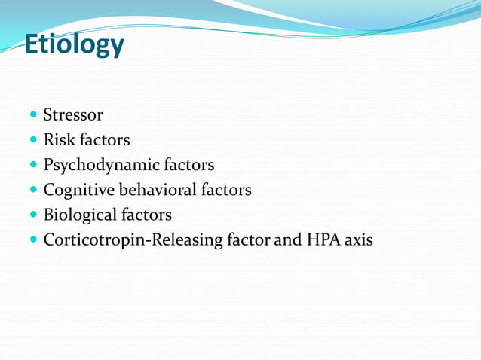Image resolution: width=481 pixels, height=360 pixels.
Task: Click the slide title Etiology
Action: (74, 44)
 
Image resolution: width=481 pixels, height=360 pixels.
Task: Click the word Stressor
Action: (73, 115)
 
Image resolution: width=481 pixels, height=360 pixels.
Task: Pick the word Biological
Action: (78, 215)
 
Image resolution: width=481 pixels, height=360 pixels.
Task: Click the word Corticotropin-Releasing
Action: (133, 240)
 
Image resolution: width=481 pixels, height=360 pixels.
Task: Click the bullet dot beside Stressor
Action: (32, 116)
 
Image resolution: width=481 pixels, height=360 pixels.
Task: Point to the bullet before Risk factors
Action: (32, 141)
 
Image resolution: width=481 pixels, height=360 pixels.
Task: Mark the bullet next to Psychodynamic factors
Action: (32, 166)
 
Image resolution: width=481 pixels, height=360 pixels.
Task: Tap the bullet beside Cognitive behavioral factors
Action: (32, 191)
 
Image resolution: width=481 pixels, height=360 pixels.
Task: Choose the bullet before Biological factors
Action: (32, 215)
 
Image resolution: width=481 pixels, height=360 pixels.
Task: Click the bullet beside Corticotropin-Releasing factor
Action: (32, 241)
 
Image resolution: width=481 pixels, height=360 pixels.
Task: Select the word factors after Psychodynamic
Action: (184, 165)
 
